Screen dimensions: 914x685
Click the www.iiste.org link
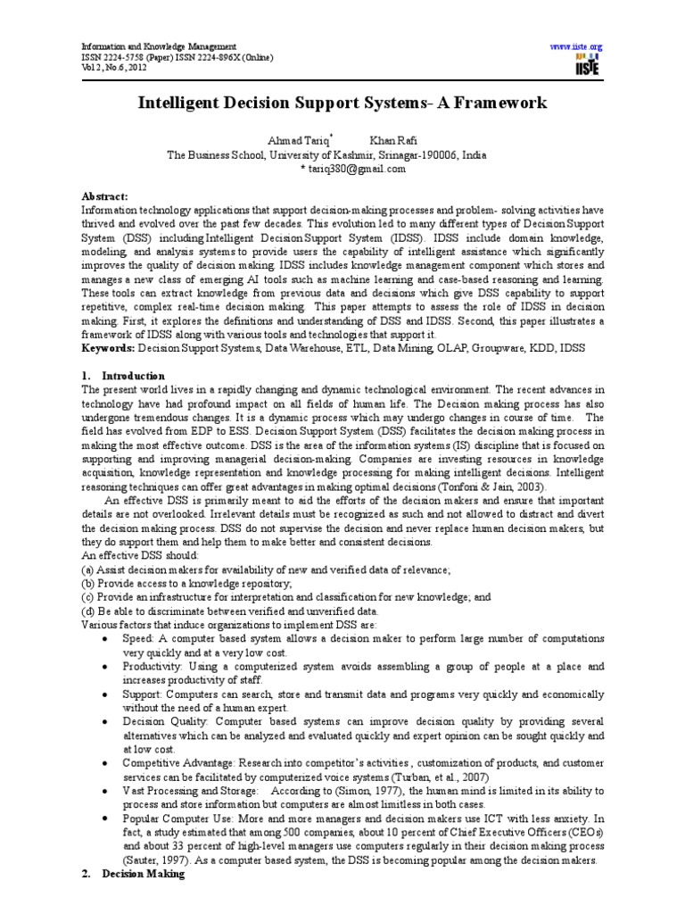(x=578, y=46)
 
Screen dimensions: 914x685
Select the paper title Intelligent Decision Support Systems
(x=342, y=104)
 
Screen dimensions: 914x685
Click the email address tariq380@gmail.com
(x=344, y=168)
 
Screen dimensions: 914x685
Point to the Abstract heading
(x=105, y=195)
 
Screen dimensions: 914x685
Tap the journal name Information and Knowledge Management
(x=159, y=46)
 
